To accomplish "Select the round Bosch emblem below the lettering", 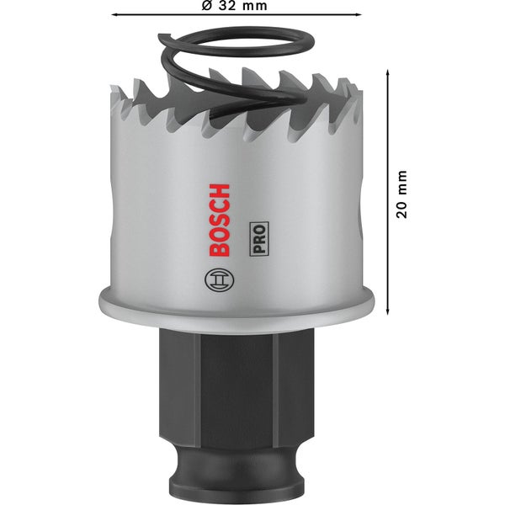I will tap(215, 279).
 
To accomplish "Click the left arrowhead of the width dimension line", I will tap(114, 14).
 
